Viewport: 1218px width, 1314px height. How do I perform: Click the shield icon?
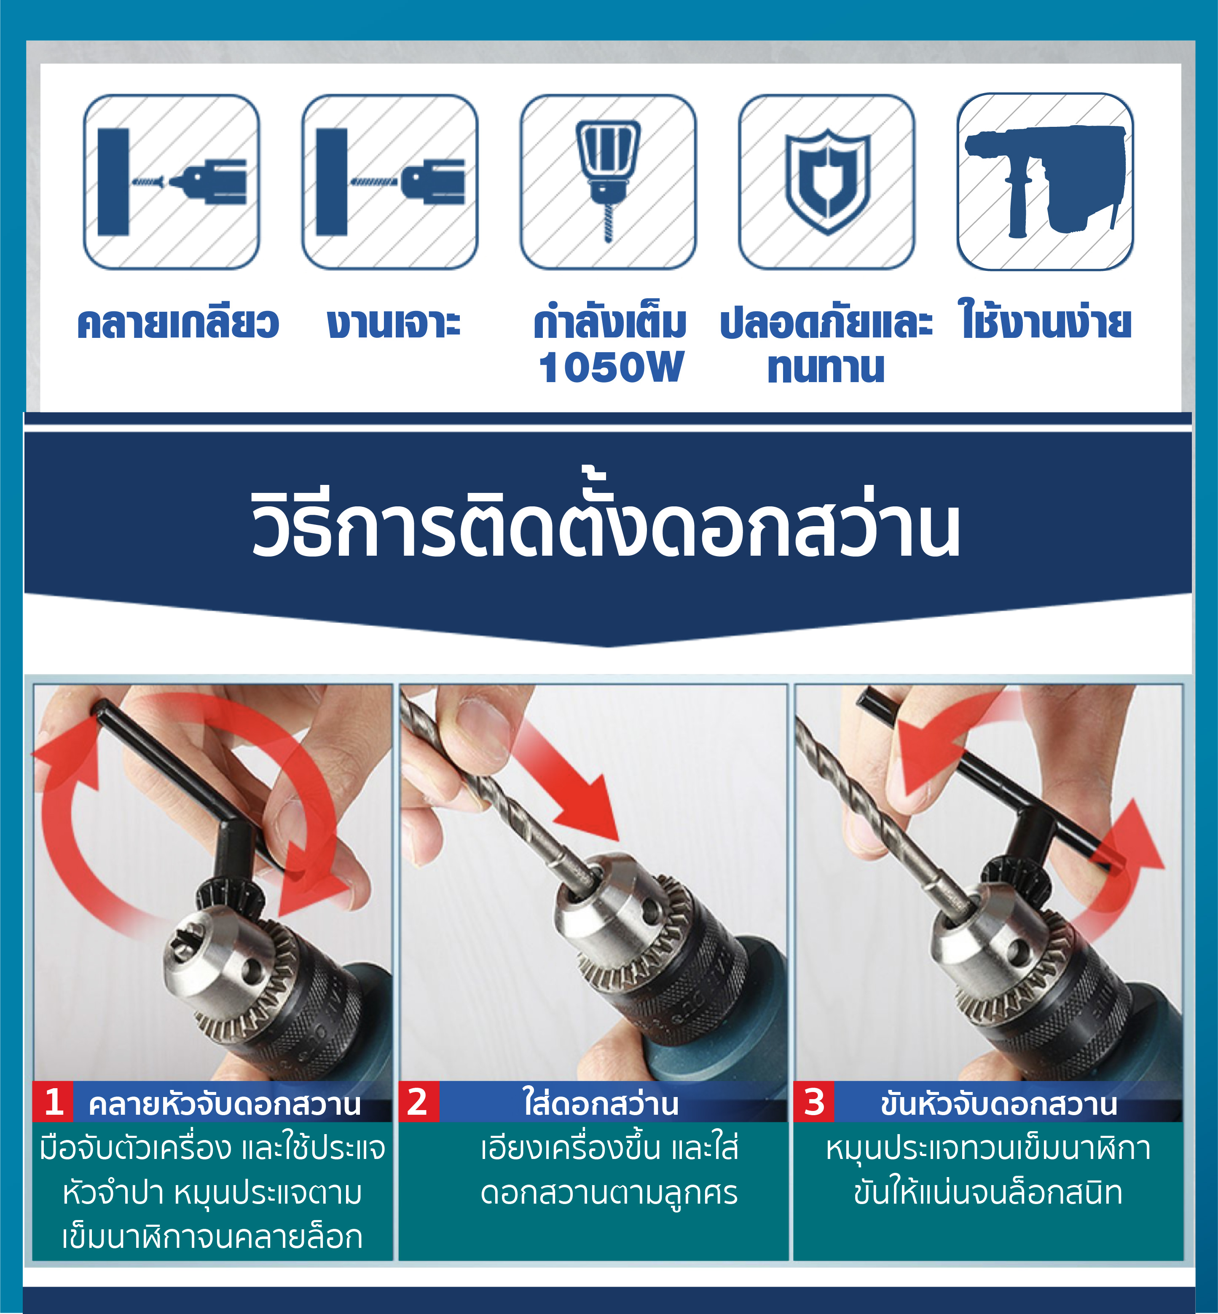[827, 181]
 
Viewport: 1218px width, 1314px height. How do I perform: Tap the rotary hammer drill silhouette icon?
[1045, 181]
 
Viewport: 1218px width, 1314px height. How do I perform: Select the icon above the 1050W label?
[608, 181]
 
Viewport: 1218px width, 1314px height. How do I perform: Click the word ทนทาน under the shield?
[826, 367]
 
